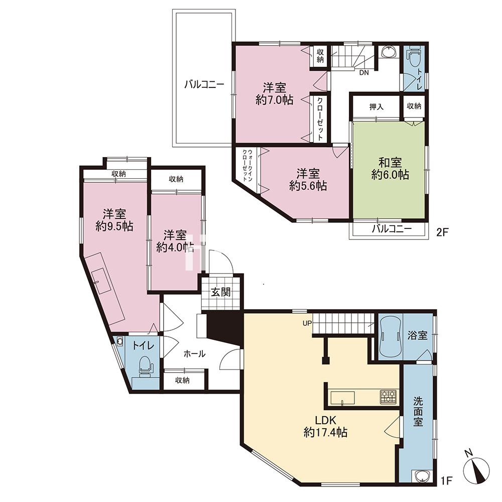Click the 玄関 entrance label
(221, 292)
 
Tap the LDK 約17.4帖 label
(326, 426)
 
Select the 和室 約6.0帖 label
(390, 168)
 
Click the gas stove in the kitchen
(388, 397)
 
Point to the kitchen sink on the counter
(342, 398)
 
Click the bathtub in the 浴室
(390, 337)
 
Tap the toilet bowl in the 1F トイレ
(146, 364)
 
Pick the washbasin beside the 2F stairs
(389, 52)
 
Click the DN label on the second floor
(363, 72)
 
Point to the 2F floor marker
(442, 232)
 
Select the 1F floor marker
(446, 480)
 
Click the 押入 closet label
(376, 107)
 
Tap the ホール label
(194, 354)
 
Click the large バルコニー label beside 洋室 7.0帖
(204, 85)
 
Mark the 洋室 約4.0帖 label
(175, 241)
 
